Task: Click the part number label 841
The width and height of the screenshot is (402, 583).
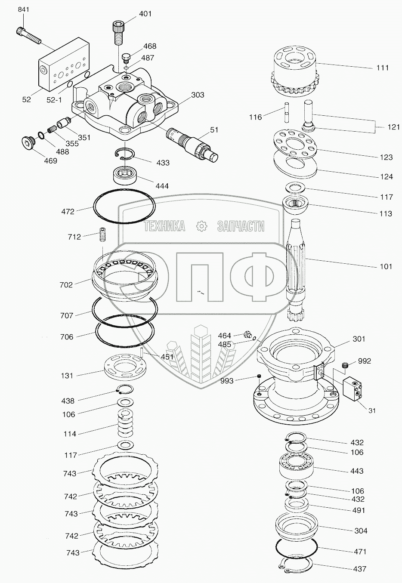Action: tap(23, 10)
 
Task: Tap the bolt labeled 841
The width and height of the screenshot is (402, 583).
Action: tap(28, 35)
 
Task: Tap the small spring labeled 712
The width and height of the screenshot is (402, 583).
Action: tap(103, 235)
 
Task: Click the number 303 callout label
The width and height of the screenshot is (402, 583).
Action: tap(197, 95)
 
